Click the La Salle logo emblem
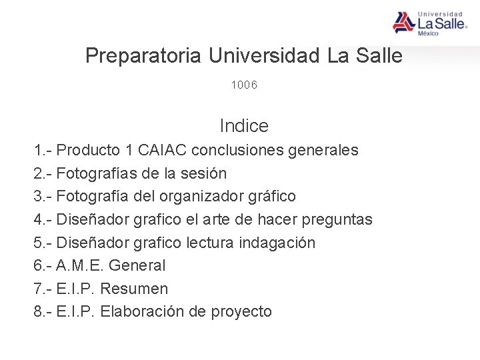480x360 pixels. click(403, 23)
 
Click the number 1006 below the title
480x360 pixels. click(244, 85)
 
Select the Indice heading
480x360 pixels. click(244, 125)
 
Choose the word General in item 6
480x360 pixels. click(137, 266)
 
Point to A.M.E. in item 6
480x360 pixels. click(79, 266)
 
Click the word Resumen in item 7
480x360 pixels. click(135, 289)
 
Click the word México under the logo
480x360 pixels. click(428, 33)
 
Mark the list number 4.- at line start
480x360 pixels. click(43, 220)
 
